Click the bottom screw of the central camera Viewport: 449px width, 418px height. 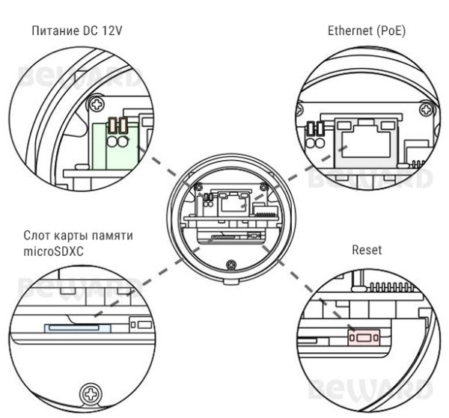point(231,262)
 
